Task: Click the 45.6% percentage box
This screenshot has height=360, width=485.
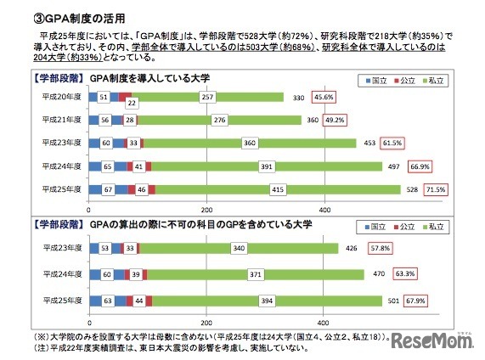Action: point(324,98)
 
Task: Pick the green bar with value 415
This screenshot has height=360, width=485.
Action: point(277,188)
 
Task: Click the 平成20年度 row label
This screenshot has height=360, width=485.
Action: point(63,98)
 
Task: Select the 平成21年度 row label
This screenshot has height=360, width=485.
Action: point(63,121)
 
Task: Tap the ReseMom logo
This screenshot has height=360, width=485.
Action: point(435,340)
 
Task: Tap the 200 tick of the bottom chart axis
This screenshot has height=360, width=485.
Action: point(206,318)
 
